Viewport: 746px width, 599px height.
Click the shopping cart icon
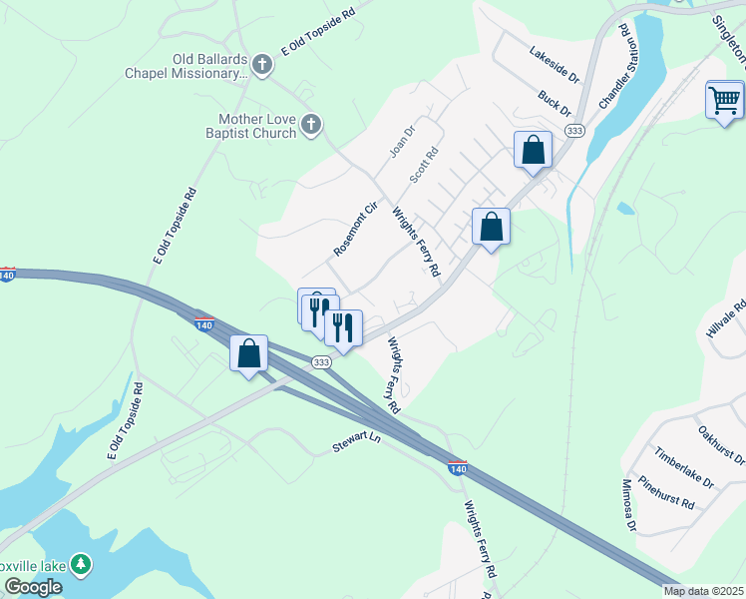tap(724, 100)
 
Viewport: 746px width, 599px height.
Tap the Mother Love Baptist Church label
tap(245, 126)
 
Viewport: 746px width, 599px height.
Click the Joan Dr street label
tap(401, 141)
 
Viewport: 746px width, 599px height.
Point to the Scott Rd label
tap(424, 166)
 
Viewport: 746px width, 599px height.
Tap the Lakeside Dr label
tap(555, 65)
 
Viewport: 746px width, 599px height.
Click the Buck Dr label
tap(554, 104)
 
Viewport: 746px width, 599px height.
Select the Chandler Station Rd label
tap(614, 67)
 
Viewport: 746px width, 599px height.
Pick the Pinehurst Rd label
tap(666, 492)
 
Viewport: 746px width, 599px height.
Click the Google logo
tap(32, 587)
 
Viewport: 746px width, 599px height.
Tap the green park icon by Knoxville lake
tap(82, 565)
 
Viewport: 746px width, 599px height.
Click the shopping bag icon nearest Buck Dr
tap(534, 150)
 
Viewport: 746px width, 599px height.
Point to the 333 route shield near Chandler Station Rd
tap(574, 131)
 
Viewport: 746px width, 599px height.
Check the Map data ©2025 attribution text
tap(704, 591)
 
